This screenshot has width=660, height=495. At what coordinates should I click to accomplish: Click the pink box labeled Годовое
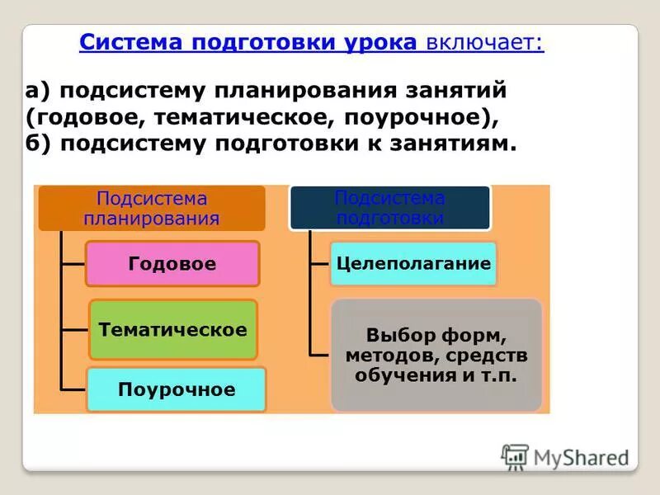pyautogui.click(x=172, y=264)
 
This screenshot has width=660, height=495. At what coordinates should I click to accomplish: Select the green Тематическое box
pyautogui.click(x=172, y=330)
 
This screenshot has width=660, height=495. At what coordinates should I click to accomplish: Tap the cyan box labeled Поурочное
pyautogui.click(x=176, y=389)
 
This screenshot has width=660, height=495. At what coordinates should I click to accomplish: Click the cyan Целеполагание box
pyautogui.click(x=413, y=264)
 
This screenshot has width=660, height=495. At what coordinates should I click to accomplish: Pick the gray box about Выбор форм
pyautogui.click(x=436, y=356)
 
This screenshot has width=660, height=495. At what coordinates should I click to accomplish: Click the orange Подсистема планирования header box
pyautogui.click(x=152, y=208)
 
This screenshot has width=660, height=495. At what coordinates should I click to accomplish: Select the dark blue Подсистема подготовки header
pyautogui.click(x=389, y=208)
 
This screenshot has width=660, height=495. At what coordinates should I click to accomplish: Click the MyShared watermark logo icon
pyautogui.click(x=515, y=457)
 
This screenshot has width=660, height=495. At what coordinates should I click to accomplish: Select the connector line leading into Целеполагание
pyautogui.click(x=320, y=264)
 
